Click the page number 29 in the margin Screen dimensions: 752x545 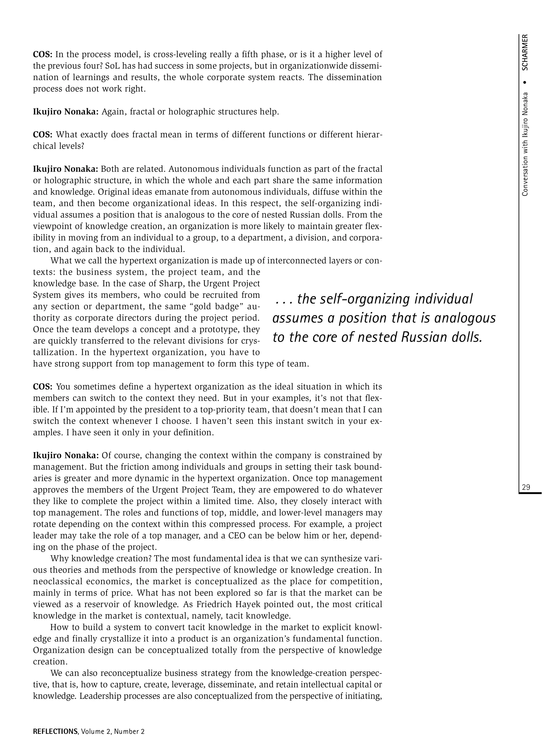(x=526, y=487)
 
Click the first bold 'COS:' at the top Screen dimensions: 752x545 (x=43, y=54)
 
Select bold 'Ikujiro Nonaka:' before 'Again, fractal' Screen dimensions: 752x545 (x=66, y=112)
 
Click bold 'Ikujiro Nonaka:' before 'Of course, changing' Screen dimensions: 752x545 (x=66, y=455)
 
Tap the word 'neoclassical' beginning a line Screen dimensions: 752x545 (x=58, y=581)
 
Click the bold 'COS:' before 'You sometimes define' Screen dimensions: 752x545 (x=43, y=387)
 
